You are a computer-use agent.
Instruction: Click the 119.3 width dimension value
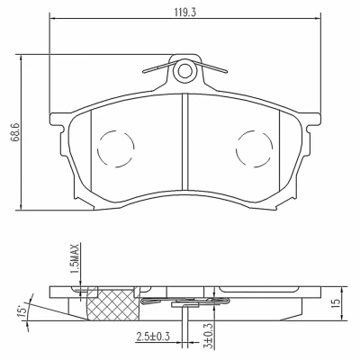185,13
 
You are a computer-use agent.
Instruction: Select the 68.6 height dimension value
15,131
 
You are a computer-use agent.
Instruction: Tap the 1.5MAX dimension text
75,258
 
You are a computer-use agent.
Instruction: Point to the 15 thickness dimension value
337,303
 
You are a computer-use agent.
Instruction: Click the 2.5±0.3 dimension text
153,336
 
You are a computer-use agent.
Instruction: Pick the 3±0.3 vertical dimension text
209,336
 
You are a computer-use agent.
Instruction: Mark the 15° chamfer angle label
22,310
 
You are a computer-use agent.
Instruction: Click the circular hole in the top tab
184,71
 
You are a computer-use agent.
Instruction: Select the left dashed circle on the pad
116,148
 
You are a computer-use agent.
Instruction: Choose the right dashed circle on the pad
255,148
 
